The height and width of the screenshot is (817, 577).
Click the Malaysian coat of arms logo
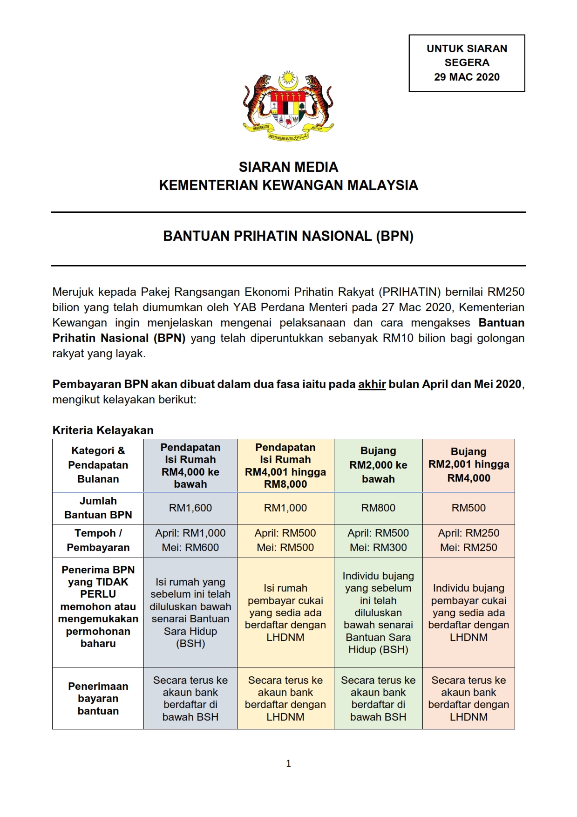click(x=288, y=106)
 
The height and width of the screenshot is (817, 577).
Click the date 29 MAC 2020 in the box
click(x=467, y=77)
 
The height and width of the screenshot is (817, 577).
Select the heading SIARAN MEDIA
click(x=288, y=167)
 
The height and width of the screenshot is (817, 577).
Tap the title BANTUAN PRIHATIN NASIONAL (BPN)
click(x=288, y=236)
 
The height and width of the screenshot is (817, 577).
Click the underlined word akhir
click(x=372, y=384)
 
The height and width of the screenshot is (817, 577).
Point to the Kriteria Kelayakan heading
click(x=103, y=430)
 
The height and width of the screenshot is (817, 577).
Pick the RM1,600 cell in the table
click(x=190, y=508)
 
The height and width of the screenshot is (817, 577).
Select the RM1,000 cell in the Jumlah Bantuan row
click(x=285, y=508)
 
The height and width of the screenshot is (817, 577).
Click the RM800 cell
click(x=378, y=508)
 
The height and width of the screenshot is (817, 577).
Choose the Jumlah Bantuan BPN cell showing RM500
click(x=468, y=508)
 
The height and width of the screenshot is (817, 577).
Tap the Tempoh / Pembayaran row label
click(x=98, y=540)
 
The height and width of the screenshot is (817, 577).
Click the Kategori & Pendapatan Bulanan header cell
click(x=98, y=465)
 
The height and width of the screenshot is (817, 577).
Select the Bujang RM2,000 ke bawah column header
click(x=378, y=465)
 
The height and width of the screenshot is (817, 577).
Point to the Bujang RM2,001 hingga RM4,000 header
click(x=468, y=465)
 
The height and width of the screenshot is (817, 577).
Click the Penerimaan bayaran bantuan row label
click(x=98, y=698)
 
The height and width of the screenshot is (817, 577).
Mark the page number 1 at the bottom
click(x=288, y=763)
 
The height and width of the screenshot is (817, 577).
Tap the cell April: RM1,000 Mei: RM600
click(x=190, y=540)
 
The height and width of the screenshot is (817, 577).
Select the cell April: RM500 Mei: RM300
click(x=378, y=540)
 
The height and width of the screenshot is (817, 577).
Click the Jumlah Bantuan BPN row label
click(x=98, y=508)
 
